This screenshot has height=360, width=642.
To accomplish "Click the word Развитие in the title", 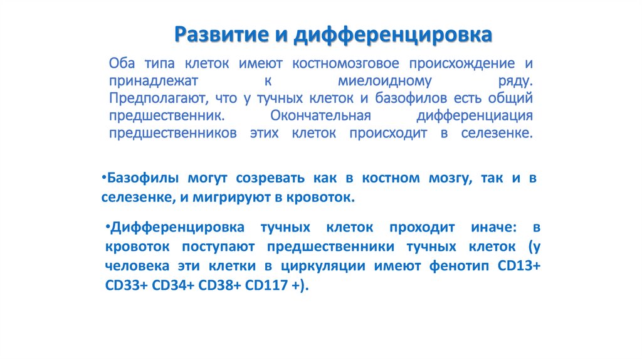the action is click(221, 34).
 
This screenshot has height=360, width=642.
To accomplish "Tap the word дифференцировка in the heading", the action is click(393, 35).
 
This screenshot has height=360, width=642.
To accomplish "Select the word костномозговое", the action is click(345, 63).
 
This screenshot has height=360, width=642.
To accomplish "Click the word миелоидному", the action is click(384, 82).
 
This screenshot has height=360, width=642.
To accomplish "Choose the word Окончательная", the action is click(320, 116).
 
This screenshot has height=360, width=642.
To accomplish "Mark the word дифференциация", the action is click(475, 116).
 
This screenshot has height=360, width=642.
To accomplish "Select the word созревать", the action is click(270, 179).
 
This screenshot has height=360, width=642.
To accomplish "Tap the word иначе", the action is click(494, 228).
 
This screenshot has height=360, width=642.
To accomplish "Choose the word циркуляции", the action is click(323, 266).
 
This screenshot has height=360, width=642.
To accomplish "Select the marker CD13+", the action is click(519, 266).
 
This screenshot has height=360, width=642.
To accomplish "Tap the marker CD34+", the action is click(173, 285).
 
